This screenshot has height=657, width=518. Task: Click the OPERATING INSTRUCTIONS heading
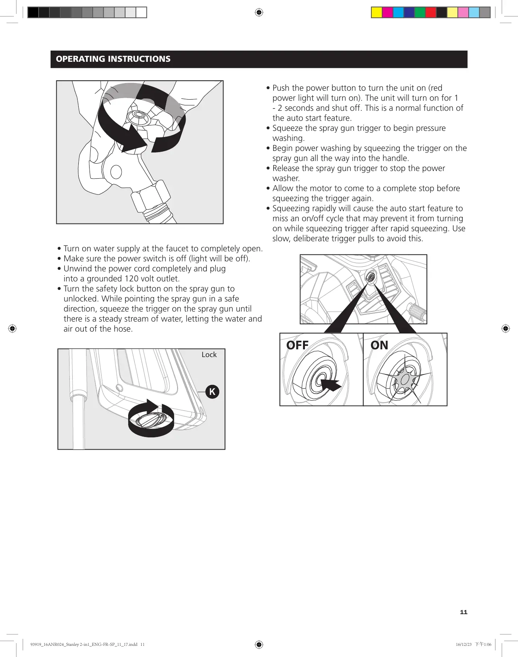point(113,59)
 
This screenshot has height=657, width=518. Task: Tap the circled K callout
point(212,392)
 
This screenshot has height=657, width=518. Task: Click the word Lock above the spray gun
point(209,354)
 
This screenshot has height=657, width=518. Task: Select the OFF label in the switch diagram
point(297,345)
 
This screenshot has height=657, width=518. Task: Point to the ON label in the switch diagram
point(379,345)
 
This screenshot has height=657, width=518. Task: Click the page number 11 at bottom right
point(464,612)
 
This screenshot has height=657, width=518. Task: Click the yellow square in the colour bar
point(376,13)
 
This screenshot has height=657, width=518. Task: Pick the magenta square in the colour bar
point(387,13)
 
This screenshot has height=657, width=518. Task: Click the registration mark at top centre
point(259,13)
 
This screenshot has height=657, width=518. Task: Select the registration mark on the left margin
point(12,328)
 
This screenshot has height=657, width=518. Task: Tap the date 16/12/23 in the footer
point(464,644)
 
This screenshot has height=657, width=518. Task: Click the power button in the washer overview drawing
point(371,277)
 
